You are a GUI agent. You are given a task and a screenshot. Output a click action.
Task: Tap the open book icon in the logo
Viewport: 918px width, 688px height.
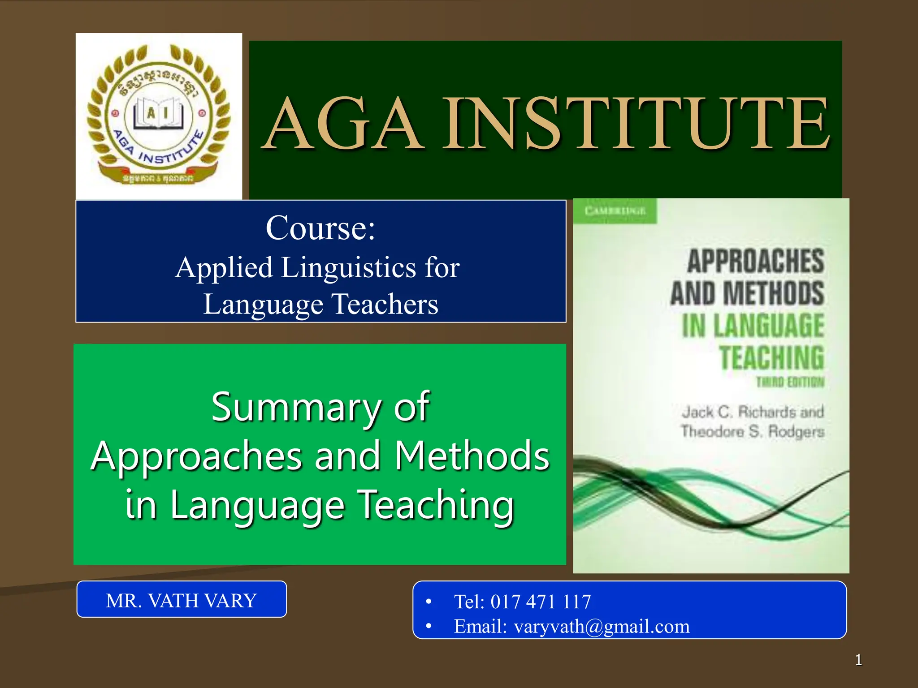click(x=159, y=113)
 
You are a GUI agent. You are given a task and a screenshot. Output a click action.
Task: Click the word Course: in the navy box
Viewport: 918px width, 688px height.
click(x=320, y=228)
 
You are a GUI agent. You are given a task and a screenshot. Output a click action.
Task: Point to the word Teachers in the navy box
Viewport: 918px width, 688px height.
click(x=385, y=305)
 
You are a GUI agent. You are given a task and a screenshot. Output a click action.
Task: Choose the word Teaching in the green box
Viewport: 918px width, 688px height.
click(x=437, y=505)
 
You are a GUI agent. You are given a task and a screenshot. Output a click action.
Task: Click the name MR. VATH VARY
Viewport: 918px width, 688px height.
click(x=181, y=600)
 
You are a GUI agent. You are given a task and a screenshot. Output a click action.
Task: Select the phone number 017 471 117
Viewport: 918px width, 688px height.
click(x=541, y=602)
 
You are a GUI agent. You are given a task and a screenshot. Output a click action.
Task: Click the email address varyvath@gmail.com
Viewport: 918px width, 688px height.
click(x=602, y=626)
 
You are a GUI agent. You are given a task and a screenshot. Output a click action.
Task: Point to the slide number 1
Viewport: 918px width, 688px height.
click(x=858, y=660)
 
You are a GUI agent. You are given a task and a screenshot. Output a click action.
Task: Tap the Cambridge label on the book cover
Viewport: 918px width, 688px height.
click(x=615, y=211)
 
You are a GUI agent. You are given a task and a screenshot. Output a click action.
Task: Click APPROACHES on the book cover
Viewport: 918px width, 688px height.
click(x=756, y=261)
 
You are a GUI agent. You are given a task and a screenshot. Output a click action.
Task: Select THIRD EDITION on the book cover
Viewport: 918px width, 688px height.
click(x=790, y=382)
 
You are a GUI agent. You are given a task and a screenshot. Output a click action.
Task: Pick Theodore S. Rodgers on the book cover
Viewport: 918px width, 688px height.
click(x=753, y=431)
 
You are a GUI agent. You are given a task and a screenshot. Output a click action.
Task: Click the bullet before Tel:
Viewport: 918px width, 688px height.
click(x=429, y=602)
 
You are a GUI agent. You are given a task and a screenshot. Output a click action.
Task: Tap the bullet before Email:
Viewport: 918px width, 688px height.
click(x=429, y=626)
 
